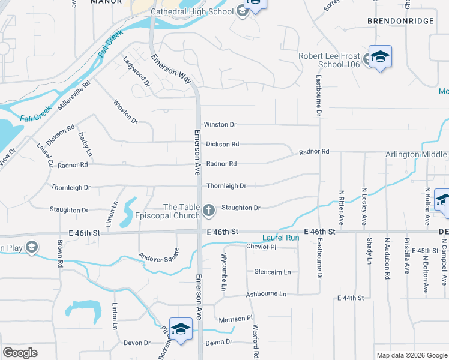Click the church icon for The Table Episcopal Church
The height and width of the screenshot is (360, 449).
pyautogui.click(x=208, y=209)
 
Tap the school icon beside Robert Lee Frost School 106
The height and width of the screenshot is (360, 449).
pyautogui.click(x=379, y=56)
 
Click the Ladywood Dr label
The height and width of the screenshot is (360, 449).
pyautogui.click(x=136, y=69)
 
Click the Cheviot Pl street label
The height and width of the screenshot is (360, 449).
pyautogui.click(x=261, y=247)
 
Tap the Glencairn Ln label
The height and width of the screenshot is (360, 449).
pyautogui.click(x=272, y=272)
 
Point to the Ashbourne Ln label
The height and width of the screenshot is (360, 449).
pyautogui.click(x=266, y=295)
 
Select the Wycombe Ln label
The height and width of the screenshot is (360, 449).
pyautogui.click(x=223, y=274)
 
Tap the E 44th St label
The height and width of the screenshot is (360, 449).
pyautogui.click(x=351, y=298)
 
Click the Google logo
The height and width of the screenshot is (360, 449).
pyautogui.click(x=20, y=352)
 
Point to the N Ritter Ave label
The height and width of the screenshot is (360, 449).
pyautogui.click(x=342, y=205)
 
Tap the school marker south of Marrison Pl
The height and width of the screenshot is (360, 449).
pyautogui.click(x=181, y=328)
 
